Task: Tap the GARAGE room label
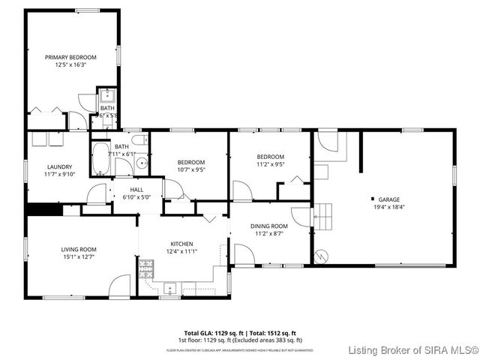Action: click(389, 199)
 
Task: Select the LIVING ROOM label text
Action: click(79, 249)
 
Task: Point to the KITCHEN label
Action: click(182, 244)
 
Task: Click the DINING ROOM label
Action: click(269, 226)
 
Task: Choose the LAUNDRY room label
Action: click(59, 166)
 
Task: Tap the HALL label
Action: click(136, 190)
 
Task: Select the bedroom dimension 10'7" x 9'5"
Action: click(190, 169)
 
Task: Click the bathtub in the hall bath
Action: click(100, 160)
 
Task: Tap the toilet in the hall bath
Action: click(138, 139)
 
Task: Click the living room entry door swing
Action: click(120, 286)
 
